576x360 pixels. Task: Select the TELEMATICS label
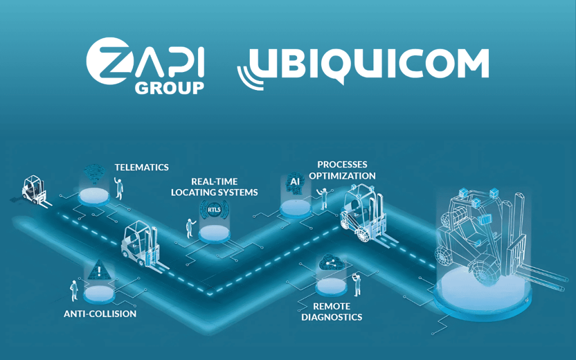click(141, 167)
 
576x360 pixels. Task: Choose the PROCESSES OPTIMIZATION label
click(342, 170)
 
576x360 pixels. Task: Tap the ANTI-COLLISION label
click(100, 313)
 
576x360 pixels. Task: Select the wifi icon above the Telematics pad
click(92, 173)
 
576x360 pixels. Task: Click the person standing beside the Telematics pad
click(118, 187)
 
